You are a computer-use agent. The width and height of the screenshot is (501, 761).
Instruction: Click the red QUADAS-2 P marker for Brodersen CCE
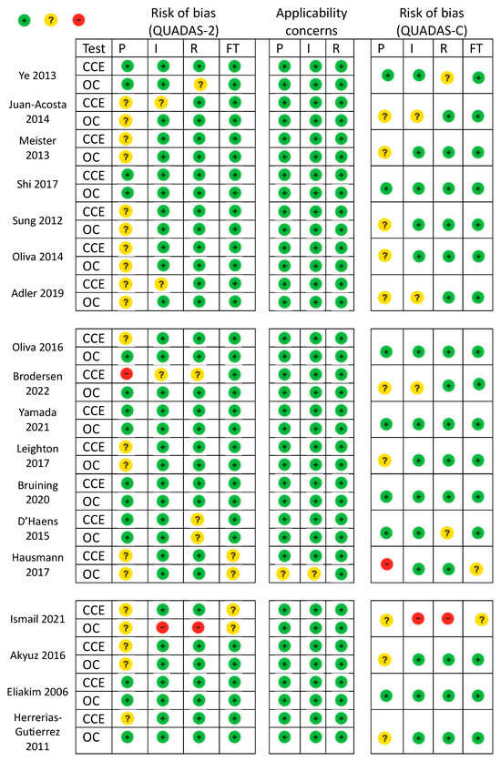127,373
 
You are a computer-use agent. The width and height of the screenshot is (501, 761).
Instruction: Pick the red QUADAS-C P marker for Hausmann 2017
386,564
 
